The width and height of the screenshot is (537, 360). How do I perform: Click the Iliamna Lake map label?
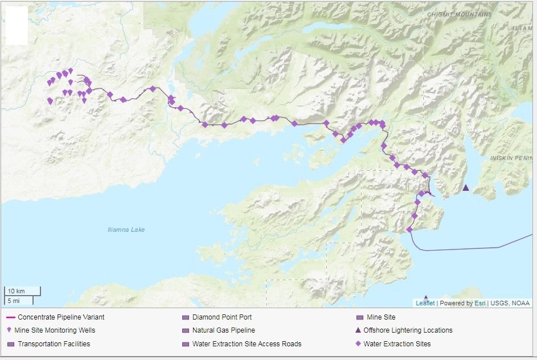[x=126, y=230]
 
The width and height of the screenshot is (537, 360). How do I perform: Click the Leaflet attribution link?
[x=425, y=303]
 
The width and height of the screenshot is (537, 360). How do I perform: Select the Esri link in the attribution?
[x=479, y=303]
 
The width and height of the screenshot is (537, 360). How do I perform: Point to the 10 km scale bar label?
[x=17, y=291]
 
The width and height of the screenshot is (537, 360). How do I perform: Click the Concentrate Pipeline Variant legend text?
[x=61, y=317]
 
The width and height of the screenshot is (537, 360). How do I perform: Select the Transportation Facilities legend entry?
[x=54, y=343]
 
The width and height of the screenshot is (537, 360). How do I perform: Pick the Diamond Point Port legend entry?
[x=222, y=317]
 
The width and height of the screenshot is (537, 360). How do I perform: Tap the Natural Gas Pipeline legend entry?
[x=223, y=330]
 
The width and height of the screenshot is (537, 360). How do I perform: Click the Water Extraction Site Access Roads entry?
[x=247, y=343]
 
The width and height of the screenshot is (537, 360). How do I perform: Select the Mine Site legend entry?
[x=380, y=317]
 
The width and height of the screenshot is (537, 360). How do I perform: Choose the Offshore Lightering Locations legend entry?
[x=408, y=330]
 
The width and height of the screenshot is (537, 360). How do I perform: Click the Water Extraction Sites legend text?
[x=397, y=343]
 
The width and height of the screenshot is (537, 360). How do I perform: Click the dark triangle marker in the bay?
[x=466, y=187]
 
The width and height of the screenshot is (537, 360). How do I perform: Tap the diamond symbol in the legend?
[x=358, y=343]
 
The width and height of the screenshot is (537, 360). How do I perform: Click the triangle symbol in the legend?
[x=358, y=330]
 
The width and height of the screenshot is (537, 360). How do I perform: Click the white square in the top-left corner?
[x=17, y=26]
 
